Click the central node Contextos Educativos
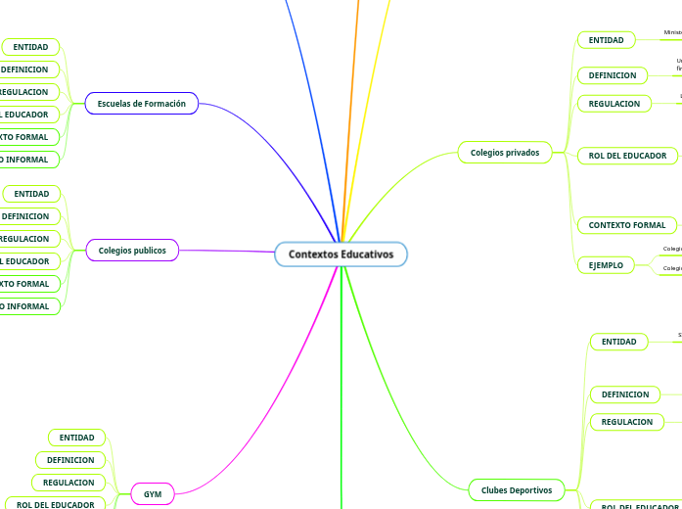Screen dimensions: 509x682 click(x=341, y=254)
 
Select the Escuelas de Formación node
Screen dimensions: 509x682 click(x=142, y=103)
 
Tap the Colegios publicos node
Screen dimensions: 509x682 click(x=132, y=251)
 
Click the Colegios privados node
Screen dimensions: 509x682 click(x=504, y=152)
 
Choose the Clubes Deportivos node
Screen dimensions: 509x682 click(x=517, y=489)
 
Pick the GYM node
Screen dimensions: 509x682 click(x=153, y=494)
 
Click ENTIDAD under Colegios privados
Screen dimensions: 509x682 click(x=606, y=40)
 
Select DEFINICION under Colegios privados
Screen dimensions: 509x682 click(x=612, y=75)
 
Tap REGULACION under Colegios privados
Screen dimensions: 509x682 click(x=614, y=104)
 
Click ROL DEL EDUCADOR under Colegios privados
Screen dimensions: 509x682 click(x=627, y=156)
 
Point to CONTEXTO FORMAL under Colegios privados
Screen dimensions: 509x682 click(x=626, y=225)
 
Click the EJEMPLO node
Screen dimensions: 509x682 click(x=606, y=265)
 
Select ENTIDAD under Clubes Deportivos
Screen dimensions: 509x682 click(x=618, y=342)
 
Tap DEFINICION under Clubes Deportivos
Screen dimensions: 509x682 click(x=624, y=394)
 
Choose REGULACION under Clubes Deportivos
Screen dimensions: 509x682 click(x=626, y=422)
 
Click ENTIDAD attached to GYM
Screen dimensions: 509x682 click(x=77, y=438)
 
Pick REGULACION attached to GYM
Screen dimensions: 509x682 click(x=69, y=483)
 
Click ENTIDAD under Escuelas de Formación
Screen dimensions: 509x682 click(x=31, y=47)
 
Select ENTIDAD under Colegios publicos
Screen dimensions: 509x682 click(x=31, y=194)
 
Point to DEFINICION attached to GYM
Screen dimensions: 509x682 click(x=71, y=460)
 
